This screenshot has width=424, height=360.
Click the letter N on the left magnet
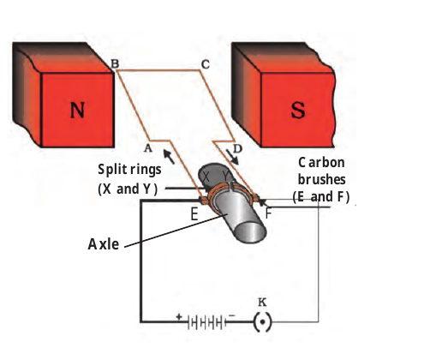point(77,110)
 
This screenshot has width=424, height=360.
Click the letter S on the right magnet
point(298,110)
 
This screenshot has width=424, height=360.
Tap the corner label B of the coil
point(115,63)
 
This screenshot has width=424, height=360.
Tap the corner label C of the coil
point(206,64)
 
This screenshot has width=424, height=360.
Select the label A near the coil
point(147,148)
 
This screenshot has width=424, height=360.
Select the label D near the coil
point(237,148)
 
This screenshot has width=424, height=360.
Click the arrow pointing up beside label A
point(169,156)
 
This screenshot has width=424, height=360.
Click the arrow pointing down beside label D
point(232,156)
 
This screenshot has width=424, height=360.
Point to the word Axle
point(104,244)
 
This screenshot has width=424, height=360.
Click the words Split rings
point(129,170)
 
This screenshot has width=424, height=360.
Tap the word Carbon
point(321,163)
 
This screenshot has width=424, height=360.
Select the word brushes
point(322,180)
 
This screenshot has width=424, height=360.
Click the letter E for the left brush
point(194,214)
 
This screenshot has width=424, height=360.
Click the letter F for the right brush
point(268,213)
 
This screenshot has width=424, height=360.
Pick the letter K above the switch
point(262,302)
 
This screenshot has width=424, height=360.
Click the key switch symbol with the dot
point(263,322)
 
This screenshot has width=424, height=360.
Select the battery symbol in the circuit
point(207,323)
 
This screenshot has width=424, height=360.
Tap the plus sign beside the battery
point(179,317)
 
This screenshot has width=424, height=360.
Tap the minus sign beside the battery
point(232,315)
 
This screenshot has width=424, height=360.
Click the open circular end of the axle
point(252,231)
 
